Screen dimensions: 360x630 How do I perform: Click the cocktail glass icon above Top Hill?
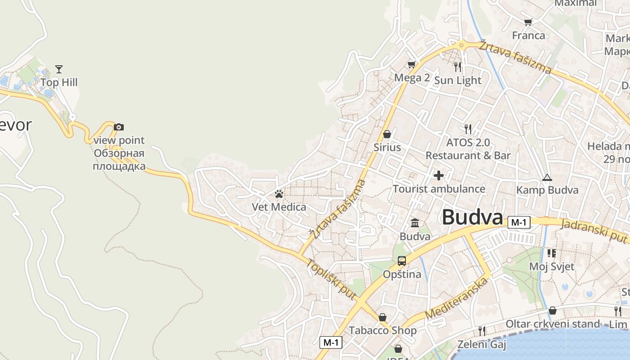tap(59, 69)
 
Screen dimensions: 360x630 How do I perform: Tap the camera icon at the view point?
tap(119, 127)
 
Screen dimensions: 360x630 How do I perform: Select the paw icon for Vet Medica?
tap(279, 194)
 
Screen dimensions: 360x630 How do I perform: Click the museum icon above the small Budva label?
tap(415, 223)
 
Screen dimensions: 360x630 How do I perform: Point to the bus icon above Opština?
tap(402, 261)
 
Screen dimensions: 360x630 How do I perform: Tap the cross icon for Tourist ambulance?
tap(439, 175)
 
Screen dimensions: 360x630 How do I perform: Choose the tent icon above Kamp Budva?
tap(547, 177)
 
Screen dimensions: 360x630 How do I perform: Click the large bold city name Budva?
tap(472, 217)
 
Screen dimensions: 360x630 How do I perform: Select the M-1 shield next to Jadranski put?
tap(519, 222)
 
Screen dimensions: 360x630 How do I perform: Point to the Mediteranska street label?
tap(457, 298)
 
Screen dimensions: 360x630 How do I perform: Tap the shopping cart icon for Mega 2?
tap(411, 65)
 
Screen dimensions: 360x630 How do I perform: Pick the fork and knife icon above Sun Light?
tap(458, 67)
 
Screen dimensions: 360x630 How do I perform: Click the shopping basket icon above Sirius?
tap(387, 134)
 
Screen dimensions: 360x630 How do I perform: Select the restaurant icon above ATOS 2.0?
tap(468, 129)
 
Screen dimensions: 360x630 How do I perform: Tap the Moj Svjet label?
tap(551, 266)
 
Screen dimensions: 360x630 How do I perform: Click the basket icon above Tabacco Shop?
tap(382, 317)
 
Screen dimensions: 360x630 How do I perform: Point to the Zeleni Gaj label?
tap(481, 345)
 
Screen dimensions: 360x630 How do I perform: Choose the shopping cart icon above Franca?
tap(528, 22)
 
